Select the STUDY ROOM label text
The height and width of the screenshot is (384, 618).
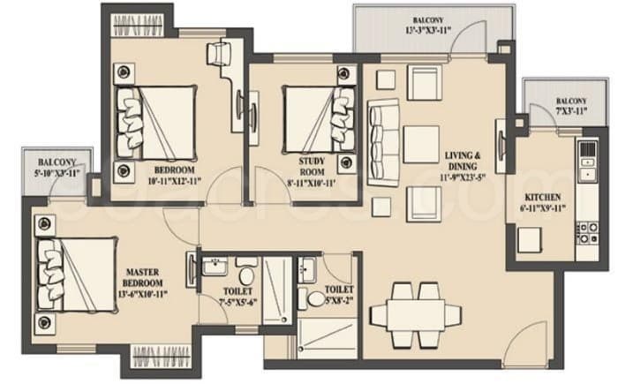tap(313, 166)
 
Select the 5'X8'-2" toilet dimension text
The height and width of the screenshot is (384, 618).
tap(339, 301)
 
